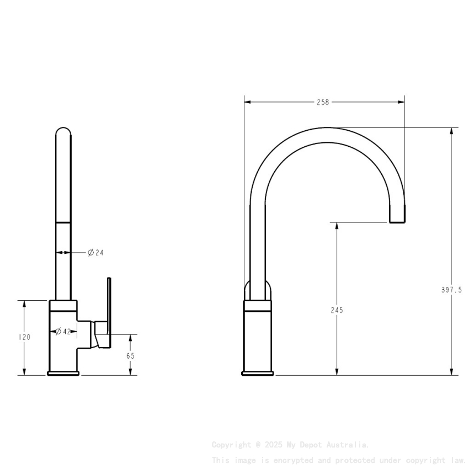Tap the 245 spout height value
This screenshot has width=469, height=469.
click(x=337, y=310)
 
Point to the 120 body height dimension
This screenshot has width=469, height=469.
click(x=24, y=337)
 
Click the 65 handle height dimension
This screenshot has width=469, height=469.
click(x=130, y=356)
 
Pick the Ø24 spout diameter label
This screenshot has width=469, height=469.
click(x=95, y=253)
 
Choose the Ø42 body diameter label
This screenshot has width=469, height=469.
click(x=63, y=332)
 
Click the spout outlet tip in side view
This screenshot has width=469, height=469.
click(x=397, y=220)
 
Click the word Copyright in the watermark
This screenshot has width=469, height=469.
click(x=231, y=444)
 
